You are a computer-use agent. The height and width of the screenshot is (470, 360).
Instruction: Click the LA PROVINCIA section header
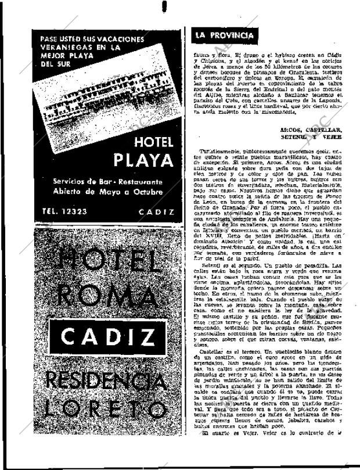[224, 35]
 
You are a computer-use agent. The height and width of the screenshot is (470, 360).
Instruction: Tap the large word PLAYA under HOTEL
[143, 160]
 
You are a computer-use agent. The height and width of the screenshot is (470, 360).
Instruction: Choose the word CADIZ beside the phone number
[157, 212]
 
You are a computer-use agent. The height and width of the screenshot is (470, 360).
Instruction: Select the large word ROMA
[104, 296]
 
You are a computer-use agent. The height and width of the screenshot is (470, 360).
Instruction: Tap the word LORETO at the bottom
[105, 412]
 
